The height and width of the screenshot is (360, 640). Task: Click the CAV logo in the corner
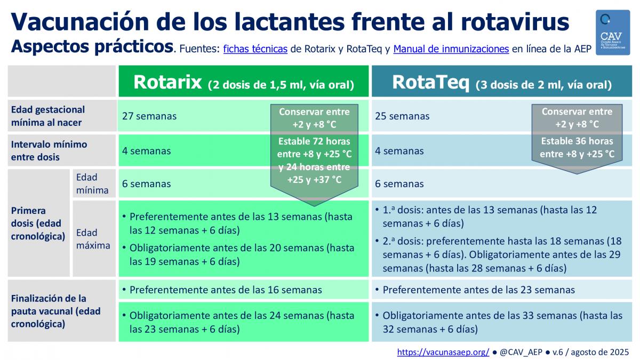tap(613, 33)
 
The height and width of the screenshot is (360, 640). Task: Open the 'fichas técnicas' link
tap(255, 49)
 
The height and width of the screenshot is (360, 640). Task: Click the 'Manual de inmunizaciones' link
tap(451, 49)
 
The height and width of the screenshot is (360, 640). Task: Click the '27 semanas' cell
tap(149, 116)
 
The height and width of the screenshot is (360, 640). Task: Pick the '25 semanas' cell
tap(402, 116)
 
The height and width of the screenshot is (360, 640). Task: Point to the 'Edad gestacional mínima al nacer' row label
tap(47, 116)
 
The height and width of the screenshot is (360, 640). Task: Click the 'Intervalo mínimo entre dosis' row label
tap(49, 150)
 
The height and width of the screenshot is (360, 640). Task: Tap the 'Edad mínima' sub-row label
tap(92, 183)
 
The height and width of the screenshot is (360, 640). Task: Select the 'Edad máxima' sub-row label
tap(93, 239)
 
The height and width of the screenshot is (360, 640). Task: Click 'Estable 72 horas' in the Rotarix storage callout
tap(314, 141)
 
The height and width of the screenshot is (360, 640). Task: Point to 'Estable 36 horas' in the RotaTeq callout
tap(577, 141)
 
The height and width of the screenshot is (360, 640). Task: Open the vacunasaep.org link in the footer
tap(443, 352)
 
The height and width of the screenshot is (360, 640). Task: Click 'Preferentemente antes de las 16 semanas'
tap(226, 290)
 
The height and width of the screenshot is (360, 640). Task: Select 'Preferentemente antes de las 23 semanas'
tap(478, 290)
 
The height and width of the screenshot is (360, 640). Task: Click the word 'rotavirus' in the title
tap(515, 22)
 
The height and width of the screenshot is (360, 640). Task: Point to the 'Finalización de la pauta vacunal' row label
tap(55, 311)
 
